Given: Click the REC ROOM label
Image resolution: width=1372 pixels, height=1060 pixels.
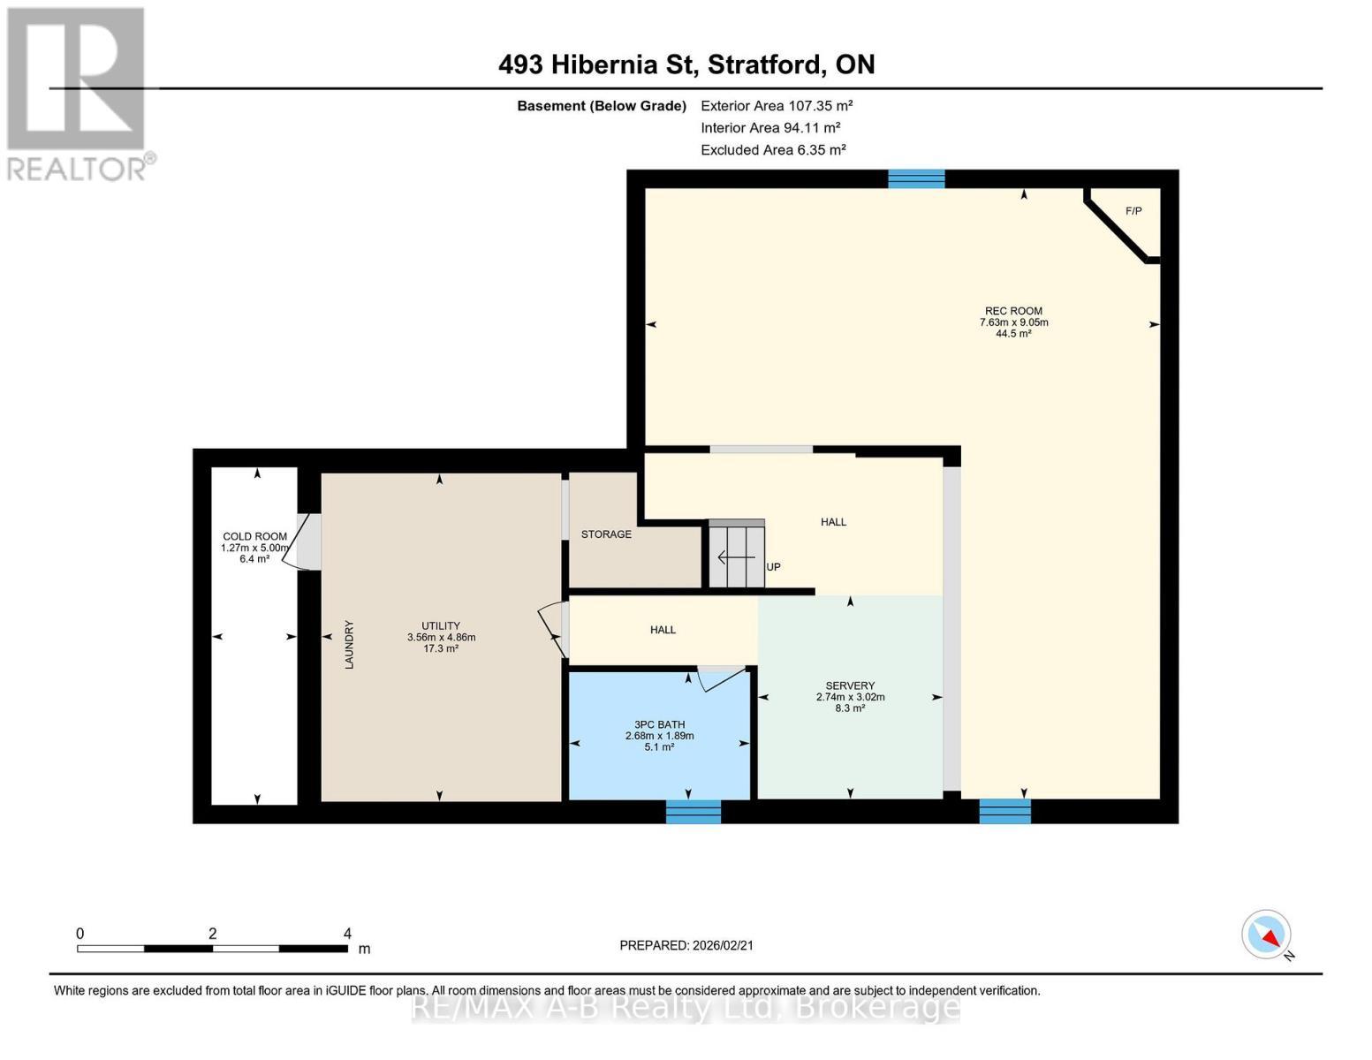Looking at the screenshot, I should (x=1013, y=311).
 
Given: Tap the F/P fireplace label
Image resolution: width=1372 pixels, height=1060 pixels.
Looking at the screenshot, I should (x=1133, y=211).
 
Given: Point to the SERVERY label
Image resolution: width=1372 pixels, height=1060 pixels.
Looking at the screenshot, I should (x=850, y=685).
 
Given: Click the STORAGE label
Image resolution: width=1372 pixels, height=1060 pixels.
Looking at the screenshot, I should (x=606, y=534).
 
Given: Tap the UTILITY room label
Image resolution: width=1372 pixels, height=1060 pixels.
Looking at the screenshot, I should (x=440, y=625).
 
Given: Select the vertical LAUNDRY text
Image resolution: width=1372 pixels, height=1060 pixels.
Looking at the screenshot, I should (x=349, y=645).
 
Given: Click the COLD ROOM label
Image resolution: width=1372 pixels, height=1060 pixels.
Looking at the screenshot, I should (x=254, y=536).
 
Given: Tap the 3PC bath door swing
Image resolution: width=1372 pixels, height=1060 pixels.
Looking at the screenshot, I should (x=720, y=678).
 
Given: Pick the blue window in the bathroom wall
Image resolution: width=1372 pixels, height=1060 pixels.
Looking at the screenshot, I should (x=693, y=811).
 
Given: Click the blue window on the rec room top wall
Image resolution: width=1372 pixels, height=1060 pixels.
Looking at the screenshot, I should (x=916, y=179).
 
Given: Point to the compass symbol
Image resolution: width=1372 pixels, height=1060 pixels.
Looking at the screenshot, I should (x=1267, y=935).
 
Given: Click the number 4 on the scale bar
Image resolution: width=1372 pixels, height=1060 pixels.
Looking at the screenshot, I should (x=347, y=934).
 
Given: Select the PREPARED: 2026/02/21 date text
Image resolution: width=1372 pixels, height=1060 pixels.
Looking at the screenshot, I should (x=686, y=945).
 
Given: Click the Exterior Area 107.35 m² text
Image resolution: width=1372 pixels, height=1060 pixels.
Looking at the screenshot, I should (x=777, y=105).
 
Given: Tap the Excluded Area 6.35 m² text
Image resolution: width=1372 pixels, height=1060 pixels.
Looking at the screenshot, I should (x=773, y=150).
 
